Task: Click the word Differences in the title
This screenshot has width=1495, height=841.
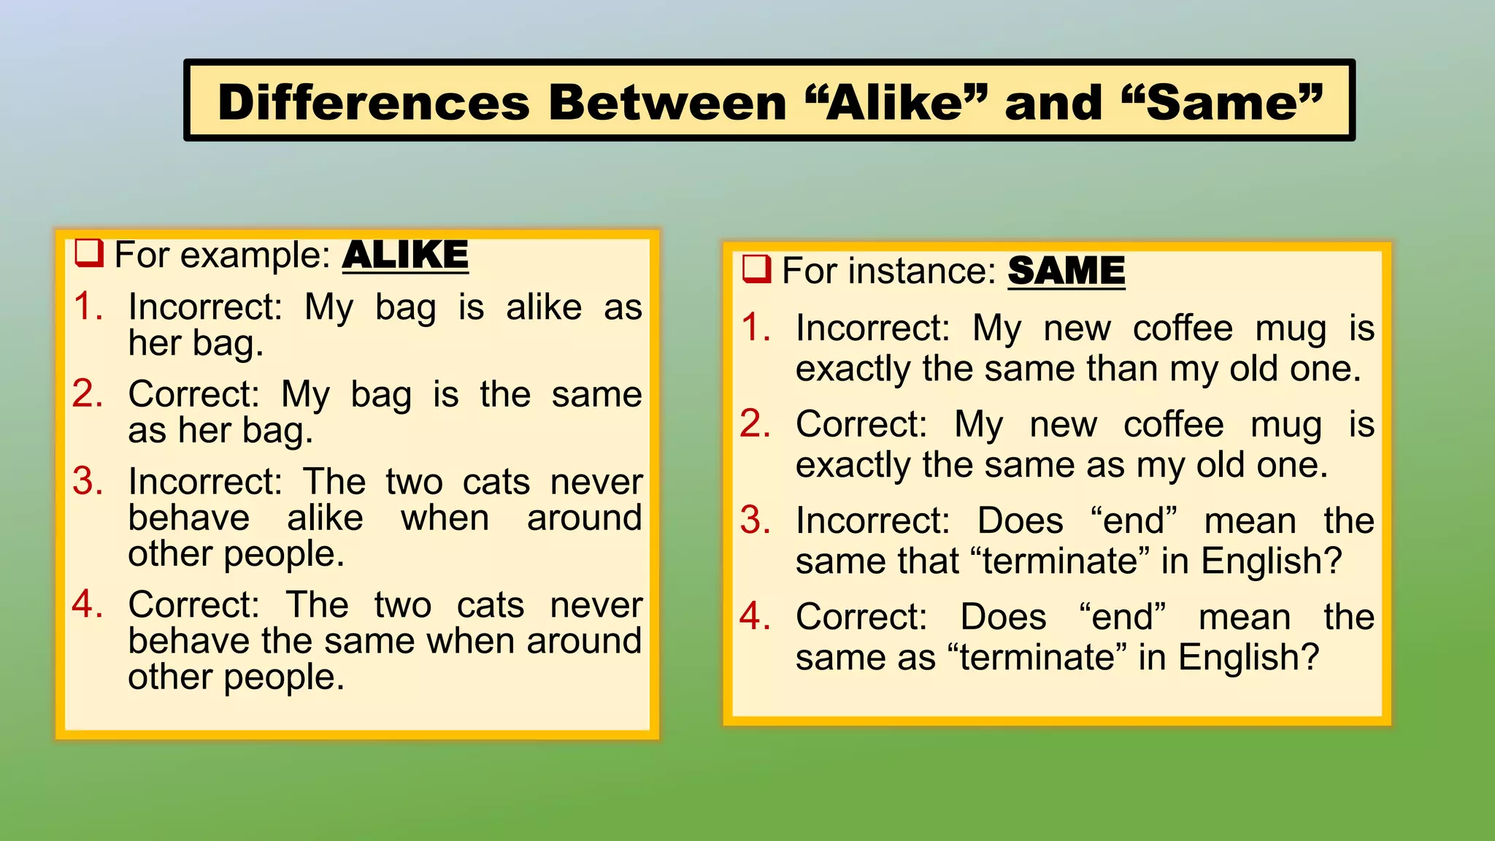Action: pos(373,102)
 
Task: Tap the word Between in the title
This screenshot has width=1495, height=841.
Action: pos(667,102)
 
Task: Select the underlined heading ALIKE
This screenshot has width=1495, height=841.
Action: pos(405,255)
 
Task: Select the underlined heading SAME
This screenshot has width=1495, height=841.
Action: pos(1066,271)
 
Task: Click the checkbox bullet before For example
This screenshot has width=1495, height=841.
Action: pos(89,253)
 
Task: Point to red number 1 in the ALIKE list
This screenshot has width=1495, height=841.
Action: pos(88,306)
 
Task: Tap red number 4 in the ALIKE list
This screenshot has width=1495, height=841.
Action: pos(88,604)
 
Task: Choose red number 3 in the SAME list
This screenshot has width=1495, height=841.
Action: pos(755,521)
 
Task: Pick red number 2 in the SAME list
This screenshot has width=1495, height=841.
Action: pos(755,424)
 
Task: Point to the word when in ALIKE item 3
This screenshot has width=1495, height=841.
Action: pos(445,518)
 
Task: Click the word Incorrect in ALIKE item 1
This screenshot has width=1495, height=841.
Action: pos(205,307)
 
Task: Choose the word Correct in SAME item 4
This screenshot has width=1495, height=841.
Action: pos(861,617)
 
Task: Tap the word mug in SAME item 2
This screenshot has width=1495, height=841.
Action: pos(1285,425)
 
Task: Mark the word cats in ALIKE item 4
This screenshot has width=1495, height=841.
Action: pos(491,605)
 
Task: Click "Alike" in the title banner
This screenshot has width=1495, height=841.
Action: pos(896,102)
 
